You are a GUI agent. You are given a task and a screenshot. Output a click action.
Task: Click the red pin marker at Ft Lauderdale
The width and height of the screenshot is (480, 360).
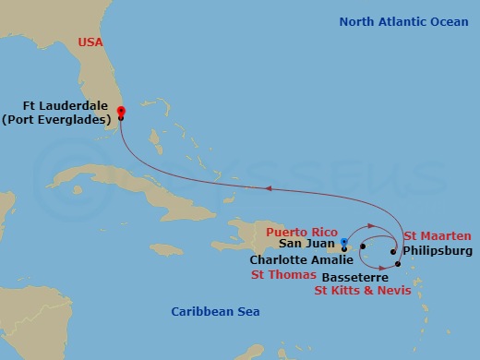(x=121, y=112)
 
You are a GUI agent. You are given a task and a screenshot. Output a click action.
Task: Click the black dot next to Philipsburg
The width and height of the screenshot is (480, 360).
(x=393, y=251)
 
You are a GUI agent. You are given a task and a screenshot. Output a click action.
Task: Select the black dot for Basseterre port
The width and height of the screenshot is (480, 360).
(x=398, y=265)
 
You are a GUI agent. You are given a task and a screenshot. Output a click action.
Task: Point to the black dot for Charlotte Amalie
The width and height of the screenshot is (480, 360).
(x=364, y=247)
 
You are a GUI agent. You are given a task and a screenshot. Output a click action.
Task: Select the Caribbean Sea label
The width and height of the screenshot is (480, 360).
(x=215, y=312)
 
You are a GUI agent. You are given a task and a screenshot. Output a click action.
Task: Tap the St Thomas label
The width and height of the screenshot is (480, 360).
(x=284, y=275)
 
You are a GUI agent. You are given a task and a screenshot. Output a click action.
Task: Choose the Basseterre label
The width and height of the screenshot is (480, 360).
(x=354, y=276)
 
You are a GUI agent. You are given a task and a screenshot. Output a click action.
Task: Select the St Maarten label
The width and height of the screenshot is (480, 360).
(x=437, y=236)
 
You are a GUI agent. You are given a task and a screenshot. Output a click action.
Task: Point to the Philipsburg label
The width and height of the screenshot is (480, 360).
(x=438, y=250)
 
